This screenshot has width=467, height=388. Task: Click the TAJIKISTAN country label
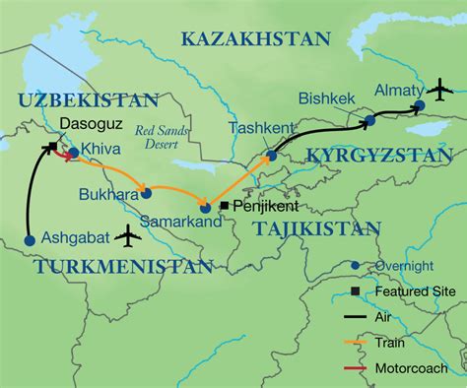tap(315, 228)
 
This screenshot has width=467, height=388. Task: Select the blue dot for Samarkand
tap(204, 207)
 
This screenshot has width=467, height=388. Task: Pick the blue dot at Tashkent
tap(267, 154)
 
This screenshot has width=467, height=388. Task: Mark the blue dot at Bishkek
tap(369, 120)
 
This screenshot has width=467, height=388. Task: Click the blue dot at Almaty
tap(419, 105)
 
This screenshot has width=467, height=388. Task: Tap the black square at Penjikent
tap(224, 206)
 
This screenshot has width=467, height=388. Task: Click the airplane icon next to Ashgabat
tap(126, 236)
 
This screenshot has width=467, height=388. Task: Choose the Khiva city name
tap(101, 153)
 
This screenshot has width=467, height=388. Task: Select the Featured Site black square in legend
tap(355, 291)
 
